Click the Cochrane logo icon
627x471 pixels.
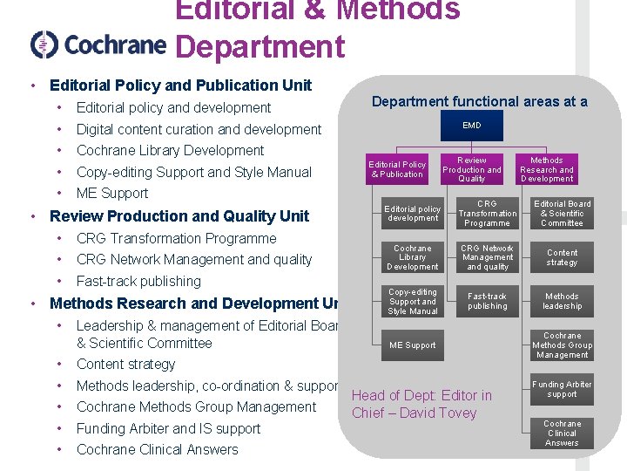click(x=44, y=44)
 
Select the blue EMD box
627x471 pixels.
click(x=472, y=126)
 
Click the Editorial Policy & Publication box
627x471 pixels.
click(x=397, y=169)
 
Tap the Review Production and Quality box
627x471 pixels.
click(x=472, y=169)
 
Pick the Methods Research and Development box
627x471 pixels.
click(x=547, y=169)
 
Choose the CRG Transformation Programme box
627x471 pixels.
click(x=488, y=214)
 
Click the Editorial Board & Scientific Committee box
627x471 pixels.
click(x=563, y=214)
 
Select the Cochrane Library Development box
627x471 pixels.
click(x=413, y=257)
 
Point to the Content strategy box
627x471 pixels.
click(x=563, y=257)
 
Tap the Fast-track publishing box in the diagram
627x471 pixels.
click(x=488, y=302)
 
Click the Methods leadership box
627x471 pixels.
click(x=563, y=302)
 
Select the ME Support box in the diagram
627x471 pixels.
click(x=413, y=345)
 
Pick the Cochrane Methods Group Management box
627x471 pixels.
click(x=563, y=345)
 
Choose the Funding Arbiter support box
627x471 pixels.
click(x=563, y=389)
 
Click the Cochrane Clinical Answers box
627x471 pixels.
click(x=563, y=433)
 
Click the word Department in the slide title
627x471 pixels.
click(x=260, y=46)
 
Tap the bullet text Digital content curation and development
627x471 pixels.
click(x=199, y=129)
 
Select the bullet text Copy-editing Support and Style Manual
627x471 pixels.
click(x=193, y=172)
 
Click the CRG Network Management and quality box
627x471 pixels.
click(x=488, y=257)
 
